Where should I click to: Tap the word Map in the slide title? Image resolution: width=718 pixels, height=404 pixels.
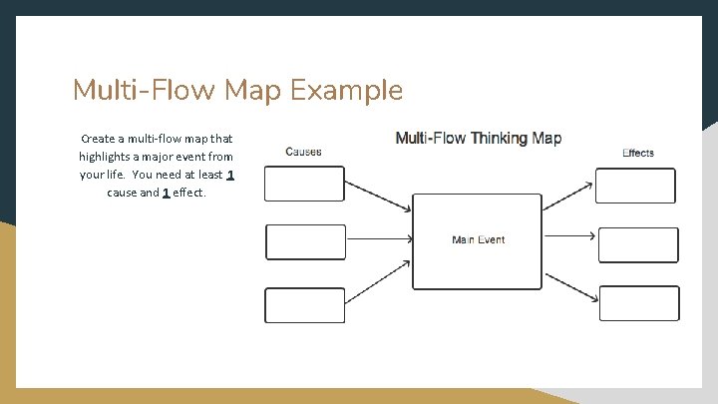click(x=253, y=91)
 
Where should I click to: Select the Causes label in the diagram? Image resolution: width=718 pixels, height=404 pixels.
click(x=303, y=152)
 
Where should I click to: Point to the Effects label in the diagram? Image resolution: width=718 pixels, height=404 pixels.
click(x=638, y=153)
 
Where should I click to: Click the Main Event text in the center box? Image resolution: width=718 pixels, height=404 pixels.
click(x=478, y=239)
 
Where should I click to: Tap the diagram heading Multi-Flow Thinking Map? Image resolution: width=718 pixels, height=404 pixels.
click(x=479, y=138)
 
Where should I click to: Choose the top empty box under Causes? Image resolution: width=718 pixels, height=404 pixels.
click(x=304, y=184)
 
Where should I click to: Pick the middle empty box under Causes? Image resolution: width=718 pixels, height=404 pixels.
click(x=305, y=241)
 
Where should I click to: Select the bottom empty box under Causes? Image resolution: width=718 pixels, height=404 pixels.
click(x=304, y=304)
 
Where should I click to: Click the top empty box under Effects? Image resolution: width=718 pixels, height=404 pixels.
click(x=635, y=186)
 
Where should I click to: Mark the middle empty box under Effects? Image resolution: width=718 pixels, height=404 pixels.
click(x=637, y=244)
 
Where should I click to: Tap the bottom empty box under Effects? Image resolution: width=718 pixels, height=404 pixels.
click(x=638, y=303)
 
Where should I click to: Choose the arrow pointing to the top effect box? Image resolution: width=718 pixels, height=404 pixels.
click(x=569, y=198)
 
